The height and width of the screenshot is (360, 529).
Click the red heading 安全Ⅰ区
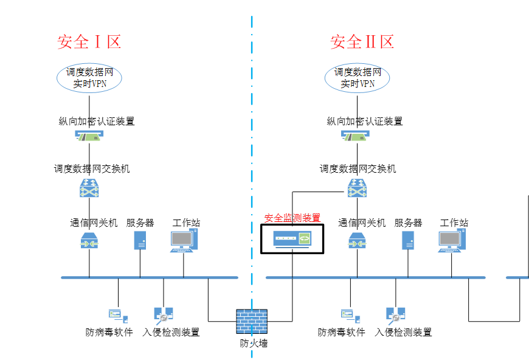[x=89, y=42]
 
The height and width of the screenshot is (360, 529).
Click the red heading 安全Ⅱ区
[x=362, y=42]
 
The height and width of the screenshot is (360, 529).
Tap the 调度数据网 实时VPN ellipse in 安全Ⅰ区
[x=90, y=77]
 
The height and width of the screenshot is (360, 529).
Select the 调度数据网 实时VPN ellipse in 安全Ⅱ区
[x=357, y=77]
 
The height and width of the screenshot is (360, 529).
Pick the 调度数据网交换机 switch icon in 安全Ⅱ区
[x=357, y=188]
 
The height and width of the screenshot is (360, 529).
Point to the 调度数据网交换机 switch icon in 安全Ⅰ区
[x=89, y=188]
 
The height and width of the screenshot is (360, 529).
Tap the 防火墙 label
[x=253, y=344]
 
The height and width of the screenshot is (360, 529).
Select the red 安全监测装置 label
[x=292, y=218]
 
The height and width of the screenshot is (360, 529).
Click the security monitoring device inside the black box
[x=292, y=239]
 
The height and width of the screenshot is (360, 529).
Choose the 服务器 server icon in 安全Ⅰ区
[x=140, y=240]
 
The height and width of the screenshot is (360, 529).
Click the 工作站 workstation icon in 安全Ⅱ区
[x=451, y=241]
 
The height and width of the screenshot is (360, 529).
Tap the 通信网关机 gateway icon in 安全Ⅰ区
[x=89, y=241]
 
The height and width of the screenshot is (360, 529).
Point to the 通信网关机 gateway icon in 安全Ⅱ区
[x=357, y=241]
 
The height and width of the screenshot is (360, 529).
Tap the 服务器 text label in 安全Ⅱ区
[x=408, y=223]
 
